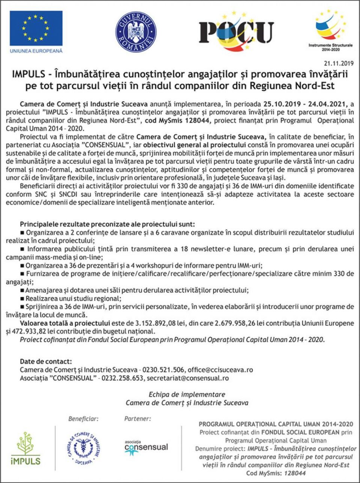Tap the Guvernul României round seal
pos(136,32)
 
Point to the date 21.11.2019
pos(339,63)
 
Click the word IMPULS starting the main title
pos(28,74)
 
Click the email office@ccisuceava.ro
pos(220,370)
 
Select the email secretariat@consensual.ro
pos(188,378)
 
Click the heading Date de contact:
pos(46,361)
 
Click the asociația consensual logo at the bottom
pos(146,447)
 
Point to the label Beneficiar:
pos(83,419)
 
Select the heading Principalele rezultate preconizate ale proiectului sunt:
pos(107,224)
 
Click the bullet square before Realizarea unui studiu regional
pos(22,299)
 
